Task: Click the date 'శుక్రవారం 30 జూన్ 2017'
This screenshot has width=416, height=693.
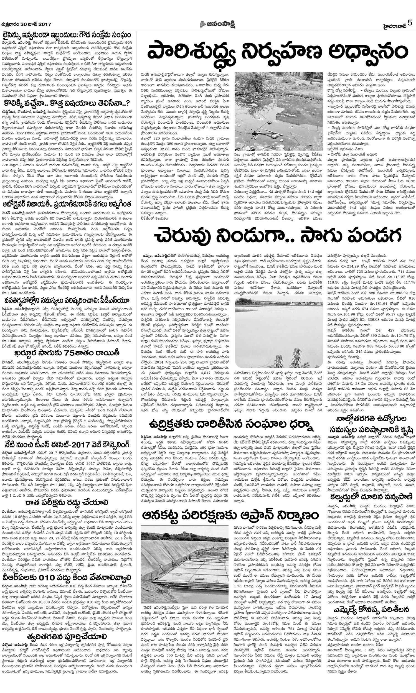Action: [x=26, y=24]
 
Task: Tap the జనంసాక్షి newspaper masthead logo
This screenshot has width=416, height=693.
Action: [x=217, y=24]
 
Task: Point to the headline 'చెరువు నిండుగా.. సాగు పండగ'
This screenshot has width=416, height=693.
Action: [x=278, y=236]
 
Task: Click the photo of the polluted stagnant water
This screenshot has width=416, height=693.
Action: [x=279, y=111]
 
